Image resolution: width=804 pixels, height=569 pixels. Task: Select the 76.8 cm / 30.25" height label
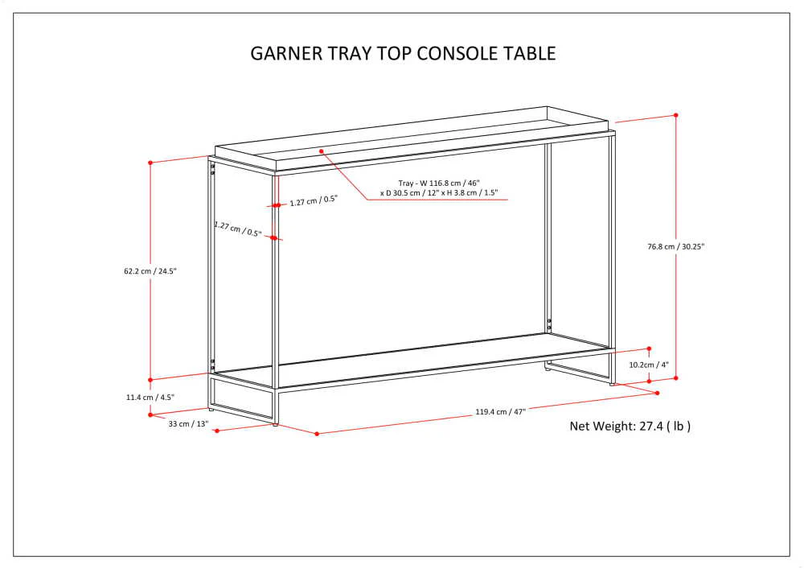pyautogui.click(x=676, y=246)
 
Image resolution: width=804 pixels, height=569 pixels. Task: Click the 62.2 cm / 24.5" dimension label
pyautogui.click(x=150, y=271)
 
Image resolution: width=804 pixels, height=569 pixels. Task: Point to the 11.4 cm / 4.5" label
pyautogui.click(x=150, y=397)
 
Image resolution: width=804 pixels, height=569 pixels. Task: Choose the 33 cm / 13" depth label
pyautogui.click(x=189, y=424)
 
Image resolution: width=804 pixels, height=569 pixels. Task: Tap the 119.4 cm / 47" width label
pyautogui.click(x=500, y=411)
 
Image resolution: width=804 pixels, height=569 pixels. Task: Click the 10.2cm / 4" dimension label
pyautogui.click(x=649, y=365)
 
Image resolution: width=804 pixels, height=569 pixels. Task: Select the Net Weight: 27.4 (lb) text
pyautogui.click(x=630, y=426)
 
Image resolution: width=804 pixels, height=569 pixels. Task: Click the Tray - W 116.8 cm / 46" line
pyautogui.click(x=439, y=183)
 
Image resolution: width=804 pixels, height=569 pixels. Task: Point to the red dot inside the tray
pyautogui.click(x=322, y=150)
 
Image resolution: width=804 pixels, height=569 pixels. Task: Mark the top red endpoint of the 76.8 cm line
pyautogui.click(x=676, y=115)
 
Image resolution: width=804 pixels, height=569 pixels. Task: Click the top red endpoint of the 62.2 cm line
pyautogui.click(x=150, y=163)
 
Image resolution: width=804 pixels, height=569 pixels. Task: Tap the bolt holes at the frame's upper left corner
pyautogui.click(x=212, y=169)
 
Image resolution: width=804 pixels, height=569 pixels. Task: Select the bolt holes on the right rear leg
pyautogui.click(x=549, y=324)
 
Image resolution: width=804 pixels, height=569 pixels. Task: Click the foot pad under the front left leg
pyautogui.click(x=275, y=424)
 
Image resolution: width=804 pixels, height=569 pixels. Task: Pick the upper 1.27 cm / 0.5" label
pyautogui.click(x=314, y=200)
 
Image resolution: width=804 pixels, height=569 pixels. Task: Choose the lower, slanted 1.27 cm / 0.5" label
pyautogui.click(x=238, y=229)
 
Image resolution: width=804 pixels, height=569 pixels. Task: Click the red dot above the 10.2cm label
pyautogui.click(x=649, y=349)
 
